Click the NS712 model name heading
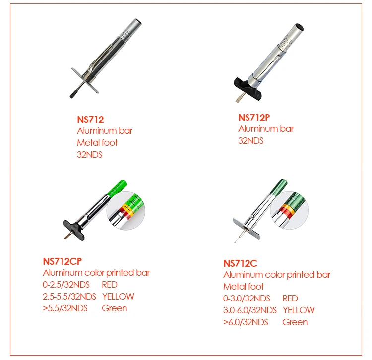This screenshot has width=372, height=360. coord(90,120)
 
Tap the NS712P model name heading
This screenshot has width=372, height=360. coord(254,118)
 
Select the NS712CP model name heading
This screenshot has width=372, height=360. coord(62,261)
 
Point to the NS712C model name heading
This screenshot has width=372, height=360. coord(241,263)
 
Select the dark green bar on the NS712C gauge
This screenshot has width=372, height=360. coord(279,186)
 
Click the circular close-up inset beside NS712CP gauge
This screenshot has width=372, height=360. coord(126,211)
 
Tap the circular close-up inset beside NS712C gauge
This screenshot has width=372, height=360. coord(290,210)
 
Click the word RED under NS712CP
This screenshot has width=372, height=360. coord(110,284)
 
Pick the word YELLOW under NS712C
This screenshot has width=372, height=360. coord(299,310)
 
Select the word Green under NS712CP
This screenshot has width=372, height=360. coord(115,308)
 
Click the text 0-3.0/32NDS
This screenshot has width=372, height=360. coord(247,298)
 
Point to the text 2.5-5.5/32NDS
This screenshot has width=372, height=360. coord(69,296)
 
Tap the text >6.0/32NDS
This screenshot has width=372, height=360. coord(246,322)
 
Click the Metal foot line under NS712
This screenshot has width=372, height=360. coord(97,142)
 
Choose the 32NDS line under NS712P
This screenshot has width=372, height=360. coord(251,141)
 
